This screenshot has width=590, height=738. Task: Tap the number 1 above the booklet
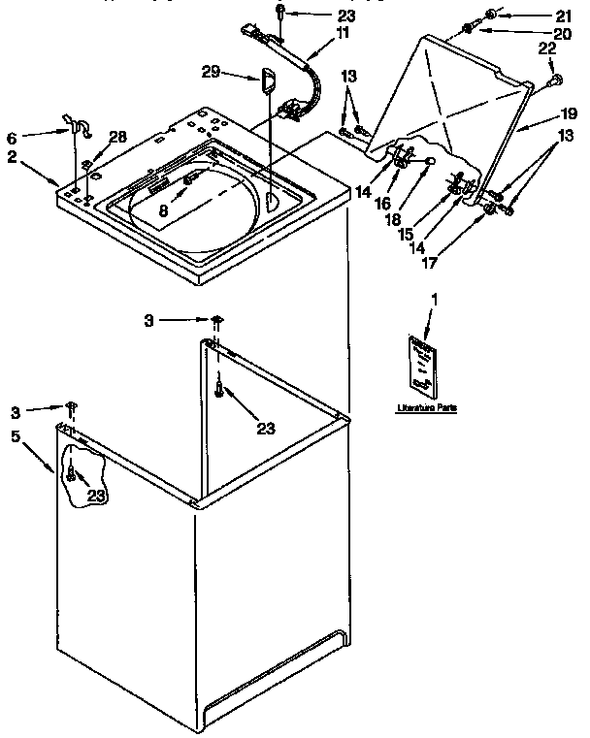coord(434,302)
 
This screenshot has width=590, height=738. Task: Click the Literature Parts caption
coord(426,407)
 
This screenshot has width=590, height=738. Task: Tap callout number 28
coord(117,137)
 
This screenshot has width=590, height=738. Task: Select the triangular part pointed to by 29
coord(266,80)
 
